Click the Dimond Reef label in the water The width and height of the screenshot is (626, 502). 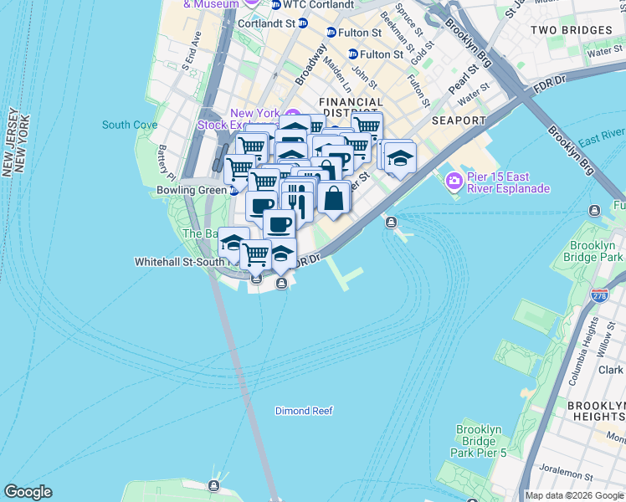tap(304, 411)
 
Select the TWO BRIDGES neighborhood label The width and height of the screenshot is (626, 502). tap(572, 30)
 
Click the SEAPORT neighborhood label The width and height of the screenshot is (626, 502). tap(459, 120)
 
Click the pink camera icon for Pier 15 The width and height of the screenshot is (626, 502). tap(454, 180)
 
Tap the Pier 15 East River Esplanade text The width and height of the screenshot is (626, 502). tap(508, 182)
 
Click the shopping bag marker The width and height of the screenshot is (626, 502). tap(334, 199)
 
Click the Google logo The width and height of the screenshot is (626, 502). tap(28, 492)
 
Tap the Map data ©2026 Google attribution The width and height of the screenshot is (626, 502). tap(574, 495)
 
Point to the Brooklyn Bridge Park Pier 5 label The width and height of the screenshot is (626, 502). tap(479, 441)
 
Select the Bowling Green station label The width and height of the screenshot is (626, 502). tap(191, 190)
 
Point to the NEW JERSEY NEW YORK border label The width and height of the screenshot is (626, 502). tap(18, 142)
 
